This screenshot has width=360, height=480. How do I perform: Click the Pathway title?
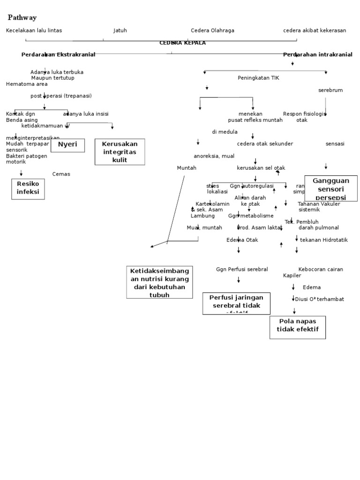pos(22,17)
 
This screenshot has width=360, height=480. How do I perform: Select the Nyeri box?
pos(67,145)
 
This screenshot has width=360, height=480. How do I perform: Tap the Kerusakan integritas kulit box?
pos(120,152)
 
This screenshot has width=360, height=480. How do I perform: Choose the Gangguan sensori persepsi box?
pos(331,188)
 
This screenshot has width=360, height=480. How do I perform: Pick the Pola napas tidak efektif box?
pos(298,327)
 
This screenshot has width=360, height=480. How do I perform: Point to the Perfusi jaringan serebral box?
pos(236,303)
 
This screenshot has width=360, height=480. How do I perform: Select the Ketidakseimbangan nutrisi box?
pos(159,282)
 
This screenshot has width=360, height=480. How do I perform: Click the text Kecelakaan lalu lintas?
pos(34,30)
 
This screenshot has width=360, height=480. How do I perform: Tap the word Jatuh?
pos(120,30)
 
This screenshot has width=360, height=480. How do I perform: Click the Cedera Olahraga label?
pos(212,30)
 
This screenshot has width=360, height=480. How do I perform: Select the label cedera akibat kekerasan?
pos(315,30)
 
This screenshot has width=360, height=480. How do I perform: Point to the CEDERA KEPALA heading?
pos(182,43)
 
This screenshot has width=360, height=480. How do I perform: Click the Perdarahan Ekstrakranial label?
pos(58,55)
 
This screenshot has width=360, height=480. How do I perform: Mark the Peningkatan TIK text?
pos(258,78)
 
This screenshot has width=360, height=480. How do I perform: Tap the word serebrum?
pos(330,90)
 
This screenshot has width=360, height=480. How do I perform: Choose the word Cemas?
pos(61,174)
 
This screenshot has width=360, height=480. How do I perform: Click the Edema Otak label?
pos(242,240)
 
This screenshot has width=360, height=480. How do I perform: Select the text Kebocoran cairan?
pos(321,270)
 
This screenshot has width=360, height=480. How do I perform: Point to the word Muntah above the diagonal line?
pos(187,168)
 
